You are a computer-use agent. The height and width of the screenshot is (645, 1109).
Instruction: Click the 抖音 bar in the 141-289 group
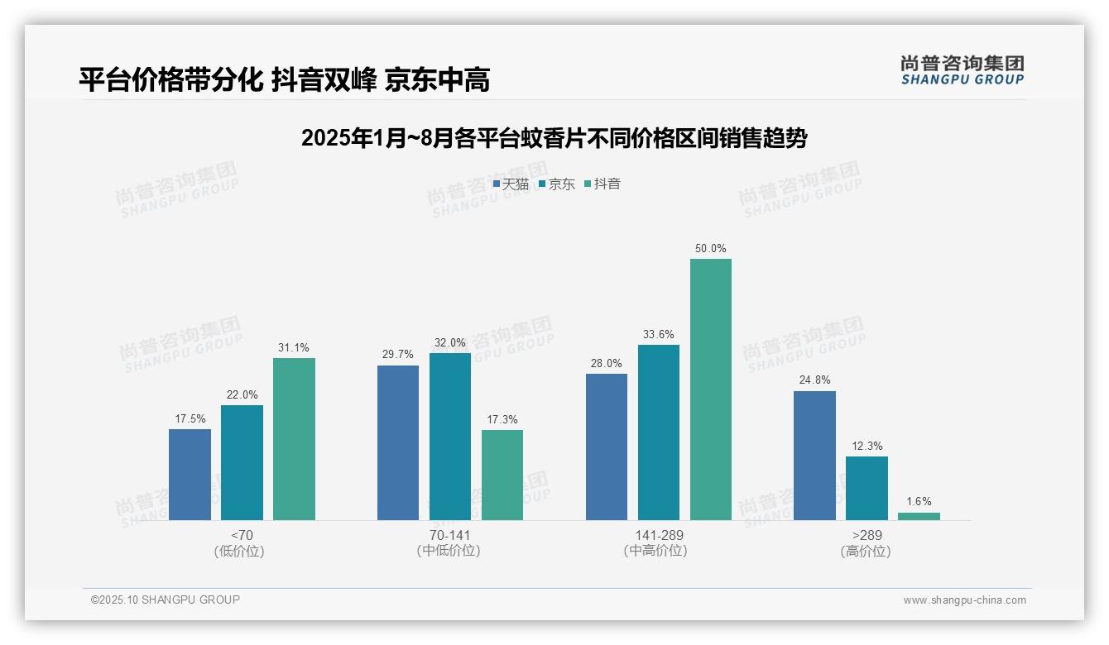[710, 389]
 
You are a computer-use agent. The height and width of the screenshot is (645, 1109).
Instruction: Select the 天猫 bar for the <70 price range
[190, 474]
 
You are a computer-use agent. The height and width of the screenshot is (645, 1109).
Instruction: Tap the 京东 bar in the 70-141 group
[449, 436]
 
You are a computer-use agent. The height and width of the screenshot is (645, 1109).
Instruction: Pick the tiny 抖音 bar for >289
[919, 516]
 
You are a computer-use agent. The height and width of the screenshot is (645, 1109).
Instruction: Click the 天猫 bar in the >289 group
[814, 455]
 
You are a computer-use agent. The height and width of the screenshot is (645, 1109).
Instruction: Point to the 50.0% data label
[711, 248]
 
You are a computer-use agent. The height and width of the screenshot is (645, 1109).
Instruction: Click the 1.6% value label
[919, 501]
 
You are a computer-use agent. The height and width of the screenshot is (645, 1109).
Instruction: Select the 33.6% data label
[659, 334]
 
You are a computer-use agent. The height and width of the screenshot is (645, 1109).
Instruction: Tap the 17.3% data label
[502, 419]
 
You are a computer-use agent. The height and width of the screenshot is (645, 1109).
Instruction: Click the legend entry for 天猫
[511, 184]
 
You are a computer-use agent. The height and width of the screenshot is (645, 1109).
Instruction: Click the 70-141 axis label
[449, 535]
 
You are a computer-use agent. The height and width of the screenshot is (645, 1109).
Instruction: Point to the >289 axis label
[866, 535]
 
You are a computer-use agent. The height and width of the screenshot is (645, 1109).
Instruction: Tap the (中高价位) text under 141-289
[658, 551]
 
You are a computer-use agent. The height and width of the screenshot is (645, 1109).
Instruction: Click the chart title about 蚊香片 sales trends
[554, 138]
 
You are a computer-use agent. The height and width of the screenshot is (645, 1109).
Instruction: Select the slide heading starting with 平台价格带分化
[285, 79]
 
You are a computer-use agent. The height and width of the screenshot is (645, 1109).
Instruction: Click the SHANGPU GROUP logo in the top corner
[962, 69]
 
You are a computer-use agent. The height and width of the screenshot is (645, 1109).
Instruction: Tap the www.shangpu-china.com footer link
[964, 600]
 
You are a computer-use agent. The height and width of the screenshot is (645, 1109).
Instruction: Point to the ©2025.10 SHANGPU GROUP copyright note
[166, 600]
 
